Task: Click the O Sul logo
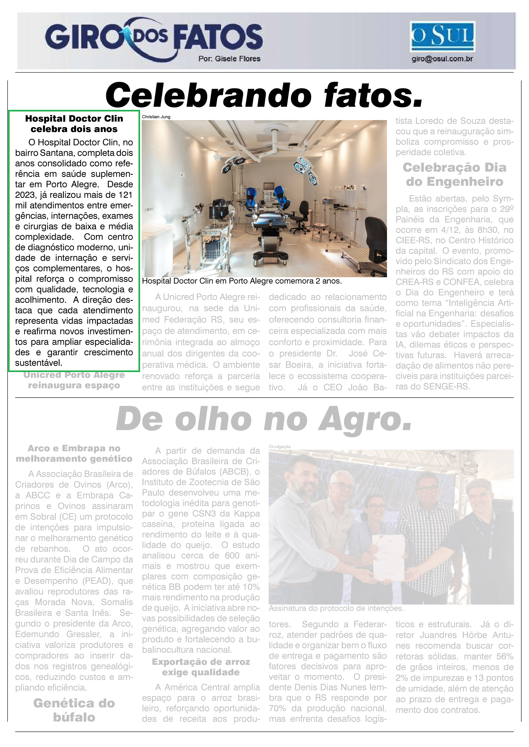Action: coord(442,36)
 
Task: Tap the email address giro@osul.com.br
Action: coord(442,59)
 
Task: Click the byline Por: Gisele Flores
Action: coord(229,59)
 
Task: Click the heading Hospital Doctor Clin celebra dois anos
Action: coord(74,124)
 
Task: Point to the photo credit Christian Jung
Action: coord(156,117)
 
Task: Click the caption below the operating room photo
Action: coord(242,281)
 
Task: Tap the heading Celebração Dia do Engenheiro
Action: coord(454,174)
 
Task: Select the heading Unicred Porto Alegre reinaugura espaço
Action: coord(74,380)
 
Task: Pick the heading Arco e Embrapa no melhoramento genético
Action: coord(74,453)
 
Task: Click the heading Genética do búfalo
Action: coord(74,710)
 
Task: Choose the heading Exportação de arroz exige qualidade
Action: coord(201,667)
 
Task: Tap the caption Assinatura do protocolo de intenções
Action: coord(336,608)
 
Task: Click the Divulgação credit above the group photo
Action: coord(280,447)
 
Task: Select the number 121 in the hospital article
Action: coord(125,195)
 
